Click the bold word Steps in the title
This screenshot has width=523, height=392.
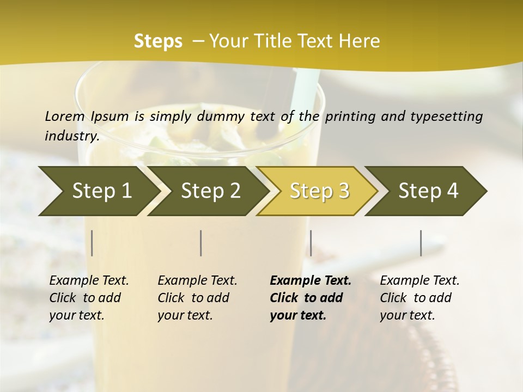(x=158, y=41)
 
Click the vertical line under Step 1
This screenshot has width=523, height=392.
(x=92, y=243)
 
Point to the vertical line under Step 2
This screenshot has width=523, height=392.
(x=201, y=243)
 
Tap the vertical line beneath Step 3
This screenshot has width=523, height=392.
(x=311, y=243)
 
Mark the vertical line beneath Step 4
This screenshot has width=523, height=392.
(x=421, y=243)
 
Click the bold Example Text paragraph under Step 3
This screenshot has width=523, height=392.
(x=311, y=298)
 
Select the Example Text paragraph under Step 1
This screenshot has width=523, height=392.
(x=89, y=298)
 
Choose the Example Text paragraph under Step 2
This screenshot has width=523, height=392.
(x=197, y=298)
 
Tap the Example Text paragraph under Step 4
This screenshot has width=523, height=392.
(x=419, y=298)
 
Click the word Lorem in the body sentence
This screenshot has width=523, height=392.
(x=65, y=116)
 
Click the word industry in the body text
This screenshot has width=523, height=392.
(x=71, y=136)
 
